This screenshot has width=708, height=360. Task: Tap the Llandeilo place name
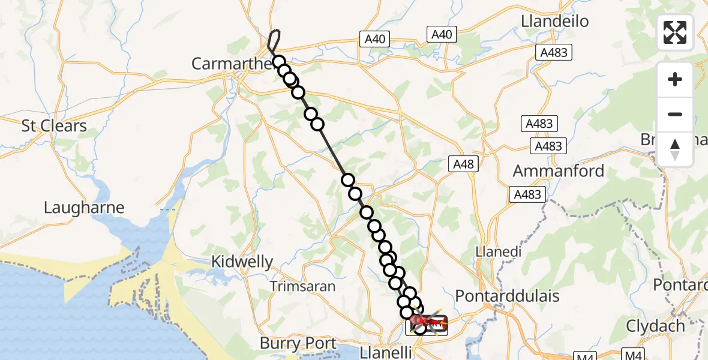[555, 21]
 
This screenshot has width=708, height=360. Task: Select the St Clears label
[54, 126]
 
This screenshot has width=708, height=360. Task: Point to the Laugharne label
[84, 208]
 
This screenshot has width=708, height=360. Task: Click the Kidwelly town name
[242, 262]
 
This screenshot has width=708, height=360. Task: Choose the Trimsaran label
[302, 286]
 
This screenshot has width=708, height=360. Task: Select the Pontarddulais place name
[508, 296]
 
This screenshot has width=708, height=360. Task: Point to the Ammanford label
[559, 170]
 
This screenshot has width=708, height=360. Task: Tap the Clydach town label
[655, 326]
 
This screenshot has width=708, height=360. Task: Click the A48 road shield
[463, 164]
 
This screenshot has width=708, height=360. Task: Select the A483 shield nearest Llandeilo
[553, 53]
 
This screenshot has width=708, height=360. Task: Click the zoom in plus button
[675, 79]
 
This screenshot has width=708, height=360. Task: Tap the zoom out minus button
[675, 114]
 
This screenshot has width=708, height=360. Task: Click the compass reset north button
[675, 149]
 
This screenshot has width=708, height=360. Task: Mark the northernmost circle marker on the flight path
[278, 61]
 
